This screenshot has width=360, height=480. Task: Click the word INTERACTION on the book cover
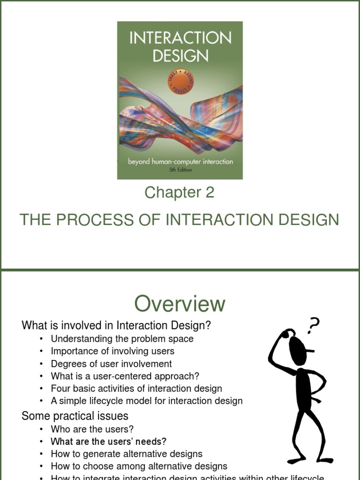click(x=180, y=38)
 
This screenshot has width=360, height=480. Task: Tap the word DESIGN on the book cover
click(x=180, y=56)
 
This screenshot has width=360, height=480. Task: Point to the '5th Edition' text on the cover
click(x=180, y=170)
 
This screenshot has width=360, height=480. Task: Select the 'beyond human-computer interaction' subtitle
click(x=180, y=162)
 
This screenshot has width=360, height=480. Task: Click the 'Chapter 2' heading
click(x=180, y=192)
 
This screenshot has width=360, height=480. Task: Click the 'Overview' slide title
click(x=180, y=304)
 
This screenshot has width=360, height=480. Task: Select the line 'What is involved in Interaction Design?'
click(x=116, y=325)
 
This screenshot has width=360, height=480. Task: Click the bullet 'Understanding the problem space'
click(x=122, y=338)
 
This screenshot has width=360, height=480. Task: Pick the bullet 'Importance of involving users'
click(x=112, y=351)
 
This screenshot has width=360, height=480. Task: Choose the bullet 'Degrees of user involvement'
click(x=111, y=364)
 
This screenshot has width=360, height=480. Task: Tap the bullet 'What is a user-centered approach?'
click(x=125, y=376)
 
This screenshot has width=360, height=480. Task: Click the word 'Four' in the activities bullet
click(x=60, y=389)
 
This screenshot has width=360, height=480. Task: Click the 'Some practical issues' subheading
click(x=75, y=416)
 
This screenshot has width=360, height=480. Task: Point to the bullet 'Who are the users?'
click(x=92, y=429)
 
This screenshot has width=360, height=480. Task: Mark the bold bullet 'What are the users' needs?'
click(x=108, y=442)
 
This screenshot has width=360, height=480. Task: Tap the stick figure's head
click(x=297, y=347)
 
